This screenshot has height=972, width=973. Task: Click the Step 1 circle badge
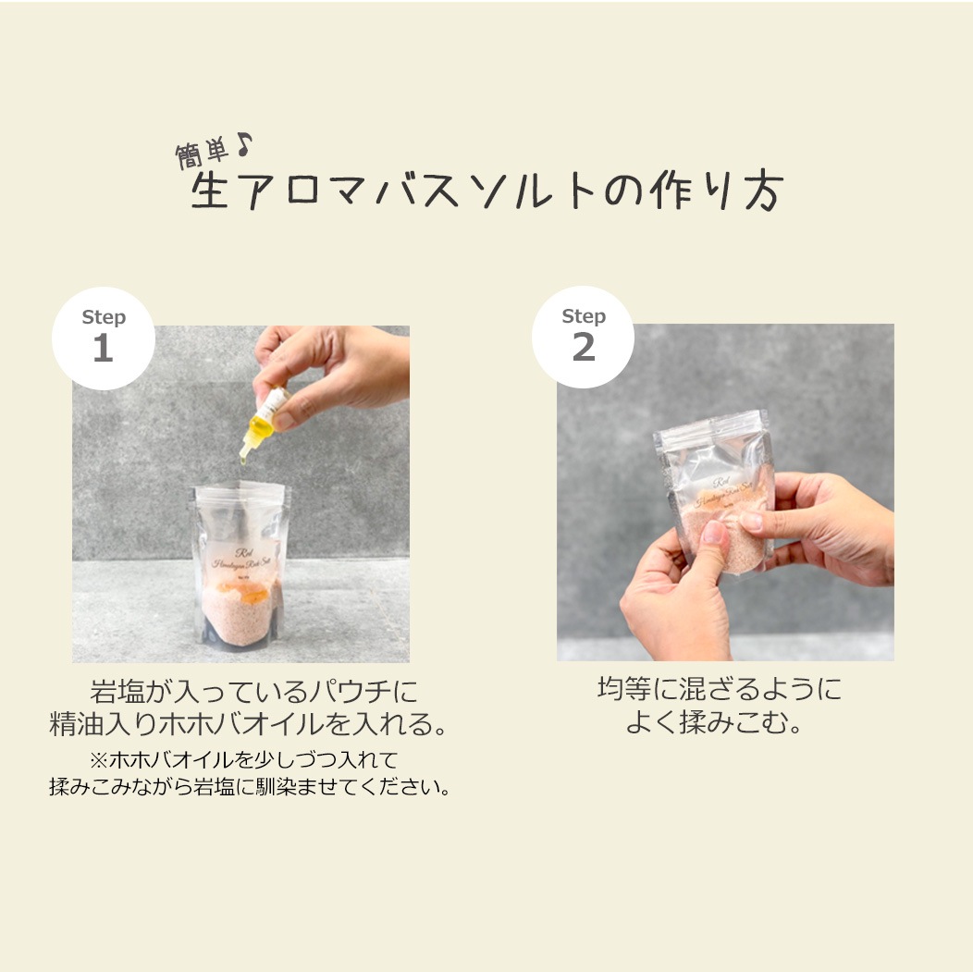click(x=103, y=337)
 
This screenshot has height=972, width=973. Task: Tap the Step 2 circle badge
click(x=584, y=336)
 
